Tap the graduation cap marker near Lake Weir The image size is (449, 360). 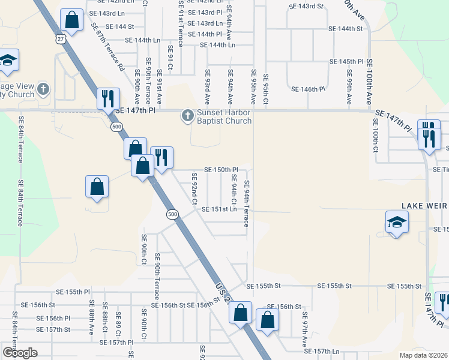coord(397,224)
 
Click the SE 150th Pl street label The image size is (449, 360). coord(221,170)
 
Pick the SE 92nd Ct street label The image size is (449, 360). coord(194,188)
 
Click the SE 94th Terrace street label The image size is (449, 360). coord(246,203)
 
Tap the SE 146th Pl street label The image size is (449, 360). coord(308,89)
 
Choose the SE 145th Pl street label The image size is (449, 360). coord(346,62)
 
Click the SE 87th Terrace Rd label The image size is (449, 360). coord(108,47)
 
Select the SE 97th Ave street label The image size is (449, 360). coord(304,328)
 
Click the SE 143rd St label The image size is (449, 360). coord(306,6)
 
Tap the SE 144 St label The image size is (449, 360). coord(119,27)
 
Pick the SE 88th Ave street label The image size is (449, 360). coord(91,318)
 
